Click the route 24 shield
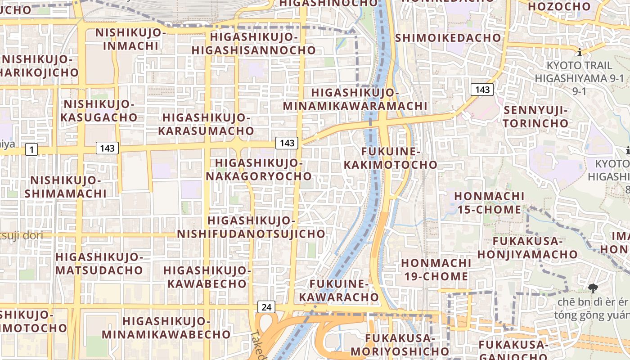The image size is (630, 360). pyautogui.click(x=266, y=307)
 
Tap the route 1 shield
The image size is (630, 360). pyautogui.click(x=31, y=149)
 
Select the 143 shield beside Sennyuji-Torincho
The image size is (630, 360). pyautogui.click(x=482, y=90)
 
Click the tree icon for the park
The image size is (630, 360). pyautogui.click(x=593, y=288)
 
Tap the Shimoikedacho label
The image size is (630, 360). pyautogui.click(x=448, y=38)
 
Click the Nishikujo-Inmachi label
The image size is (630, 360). pyautogui.click(x=130, y=39)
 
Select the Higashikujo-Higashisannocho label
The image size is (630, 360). pyautogui.click(x=254, y=44)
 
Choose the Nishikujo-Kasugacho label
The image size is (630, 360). pyautogui.click(x=99, y=111)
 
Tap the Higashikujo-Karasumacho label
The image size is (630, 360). pyautogui.click(x=206, y=124)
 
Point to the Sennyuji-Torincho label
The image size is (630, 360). pyautogui.click(x=536, y=117)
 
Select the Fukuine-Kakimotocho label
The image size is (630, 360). pyautogui.click(x=390, y=158)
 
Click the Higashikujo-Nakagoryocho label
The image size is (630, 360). pyautogui.click(x=259, y=169)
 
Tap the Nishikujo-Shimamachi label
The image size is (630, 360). pyautogui.click(x=66, y=187)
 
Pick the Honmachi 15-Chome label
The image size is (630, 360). pyautogui.click(x=489, y=203)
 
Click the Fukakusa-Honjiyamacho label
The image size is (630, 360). pyautogui.click(x=527, y=248)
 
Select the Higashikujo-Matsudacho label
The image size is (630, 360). pyautogui.click(x=99, y=264)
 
